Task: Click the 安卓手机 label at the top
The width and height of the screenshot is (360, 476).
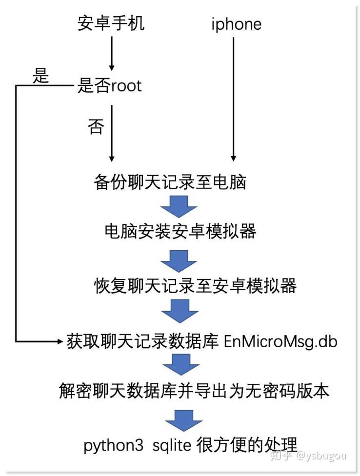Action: [x=111, y=23]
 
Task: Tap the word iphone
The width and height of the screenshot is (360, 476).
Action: [x=236, y=24]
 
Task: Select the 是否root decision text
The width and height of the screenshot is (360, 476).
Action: [x=109, y=86]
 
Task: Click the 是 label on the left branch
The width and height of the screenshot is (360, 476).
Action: [x=41, y=76]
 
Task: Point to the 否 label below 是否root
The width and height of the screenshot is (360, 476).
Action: [x=96, y=127]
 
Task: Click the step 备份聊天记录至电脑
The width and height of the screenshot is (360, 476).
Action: [x=169, y=182]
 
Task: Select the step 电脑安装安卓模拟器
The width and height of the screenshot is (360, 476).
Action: [x=180, y=231]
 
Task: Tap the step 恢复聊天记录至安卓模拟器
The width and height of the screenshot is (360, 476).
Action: [x=195, y=285]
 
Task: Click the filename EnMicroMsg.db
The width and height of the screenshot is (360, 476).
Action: [x=280, y=341]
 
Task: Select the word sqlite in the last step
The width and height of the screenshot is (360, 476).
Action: [x=173, y=445]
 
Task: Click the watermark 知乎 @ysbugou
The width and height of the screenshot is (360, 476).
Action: [x=308, y=456]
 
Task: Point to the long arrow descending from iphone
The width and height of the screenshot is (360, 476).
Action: [x=233, y=98]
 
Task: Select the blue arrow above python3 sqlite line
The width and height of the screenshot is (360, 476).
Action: [x=183, y=418]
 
